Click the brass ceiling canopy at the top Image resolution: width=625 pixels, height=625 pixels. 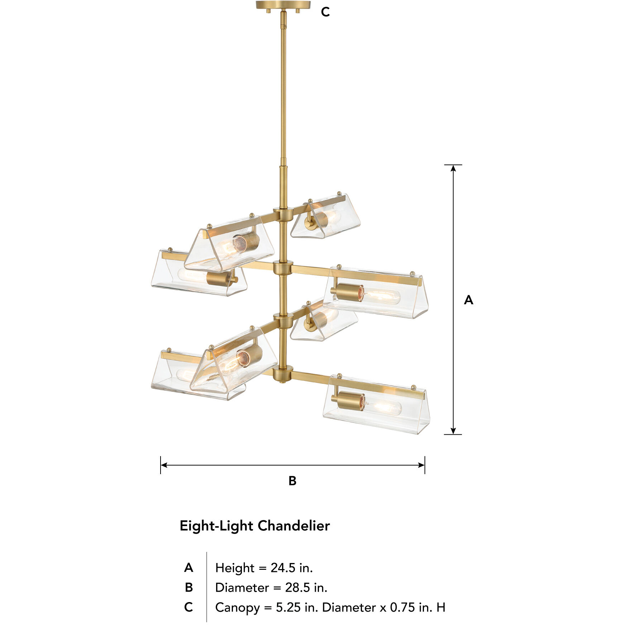283,5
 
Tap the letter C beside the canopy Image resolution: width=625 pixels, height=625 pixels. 325,12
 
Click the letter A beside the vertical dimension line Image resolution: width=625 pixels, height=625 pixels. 468,300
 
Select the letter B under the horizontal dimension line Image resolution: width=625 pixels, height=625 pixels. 292,481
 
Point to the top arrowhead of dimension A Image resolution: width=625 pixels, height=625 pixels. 453,168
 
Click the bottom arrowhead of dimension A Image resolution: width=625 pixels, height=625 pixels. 453,431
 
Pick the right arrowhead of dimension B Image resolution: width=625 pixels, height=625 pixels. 421,465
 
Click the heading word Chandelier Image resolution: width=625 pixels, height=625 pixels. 294,526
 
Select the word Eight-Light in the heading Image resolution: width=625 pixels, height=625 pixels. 217,526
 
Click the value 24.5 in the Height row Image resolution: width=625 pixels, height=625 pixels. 283,568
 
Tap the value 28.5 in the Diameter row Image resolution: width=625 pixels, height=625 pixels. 297,587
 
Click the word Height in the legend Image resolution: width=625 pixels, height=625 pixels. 235,568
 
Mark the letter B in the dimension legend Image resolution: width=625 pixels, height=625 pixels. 189,587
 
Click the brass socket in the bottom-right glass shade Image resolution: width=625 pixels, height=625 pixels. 348,401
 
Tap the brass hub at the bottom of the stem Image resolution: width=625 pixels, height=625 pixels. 283,374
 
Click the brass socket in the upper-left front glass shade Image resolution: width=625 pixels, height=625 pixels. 247,242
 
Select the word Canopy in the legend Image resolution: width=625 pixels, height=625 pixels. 237,608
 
